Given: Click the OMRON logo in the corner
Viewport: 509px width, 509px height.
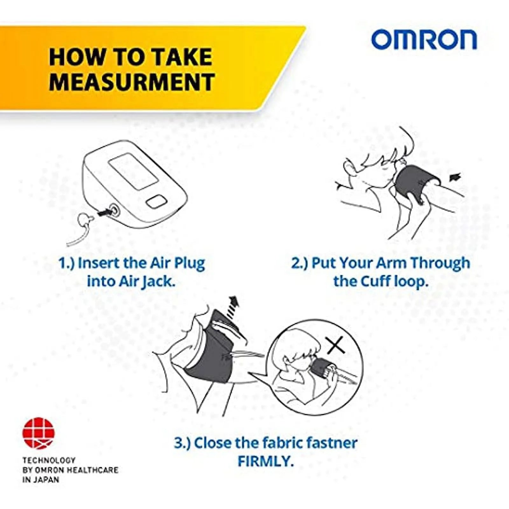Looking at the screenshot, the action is pos(424,40).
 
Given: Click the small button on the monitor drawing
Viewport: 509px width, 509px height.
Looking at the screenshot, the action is pos(157,202).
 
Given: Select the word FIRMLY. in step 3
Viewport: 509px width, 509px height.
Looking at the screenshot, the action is pos(265,461).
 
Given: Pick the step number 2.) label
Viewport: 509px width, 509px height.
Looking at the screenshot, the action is pos(299,263).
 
